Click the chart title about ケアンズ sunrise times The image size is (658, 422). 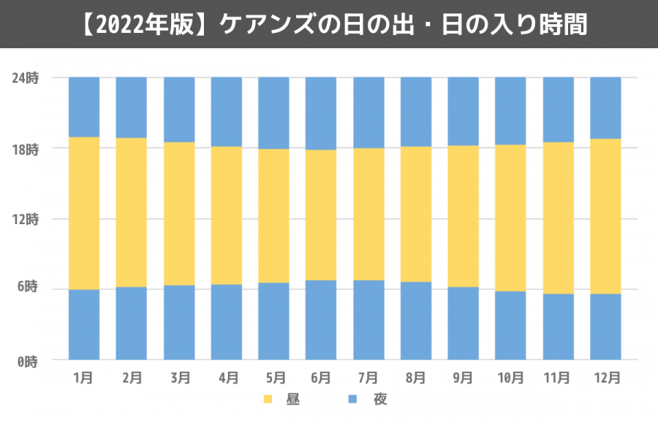click(329, 25)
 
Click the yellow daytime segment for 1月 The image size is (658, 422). click(84, 213)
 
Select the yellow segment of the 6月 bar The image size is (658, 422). click(321, 215)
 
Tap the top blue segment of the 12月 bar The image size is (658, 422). click(605, 107)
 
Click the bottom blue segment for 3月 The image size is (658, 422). click(179, 322)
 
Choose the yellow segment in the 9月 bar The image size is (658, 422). click(463, 216)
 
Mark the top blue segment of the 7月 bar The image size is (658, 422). click(368, 112)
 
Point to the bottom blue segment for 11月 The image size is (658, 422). click(558, 326)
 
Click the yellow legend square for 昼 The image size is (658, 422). click(268, 399)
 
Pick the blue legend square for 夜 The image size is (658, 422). click(352, 399)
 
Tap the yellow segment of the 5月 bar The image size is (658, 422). click(273, 215)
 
